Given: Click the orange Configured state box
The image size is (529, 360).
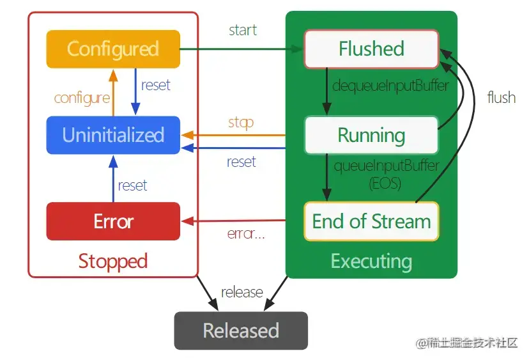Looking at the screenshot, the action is tap(113, 49).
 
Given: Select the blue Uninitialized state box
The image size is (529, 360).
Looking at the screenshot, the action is tap(113, 135).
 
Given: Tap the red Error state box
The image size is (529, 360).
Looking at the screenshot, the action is tap(113, 221).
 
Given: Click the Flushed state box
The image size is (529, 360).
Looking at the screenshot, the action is tap(371, 49).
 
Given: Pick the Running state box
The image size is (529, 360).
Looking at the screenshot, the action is tap(371, 135).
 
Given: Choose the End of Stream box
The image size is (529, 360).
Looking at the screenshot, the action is tap(371, 221).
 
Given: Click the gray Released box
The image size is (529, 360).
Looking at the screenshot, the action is tap(241, 331).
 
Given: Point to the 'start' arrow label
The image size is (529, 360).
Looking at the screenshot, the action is tap(243, 30).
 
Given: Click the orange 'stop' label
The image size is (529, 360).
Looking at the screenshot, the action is tap(241, 123).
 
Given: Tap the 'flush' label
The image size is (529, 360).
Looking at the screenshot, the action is tap(502, 98).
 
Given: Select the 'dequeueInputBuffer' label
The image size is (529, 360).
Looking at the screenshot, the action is tap(390, 86).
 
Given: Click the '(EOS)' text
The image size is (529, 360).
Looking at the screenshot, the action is tap(385, 184).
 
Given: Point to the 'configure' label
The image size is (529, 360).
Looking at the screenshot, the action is tap(82, 98).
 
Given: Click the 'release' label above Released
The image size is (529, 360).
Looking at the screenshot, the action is tap(242, 292).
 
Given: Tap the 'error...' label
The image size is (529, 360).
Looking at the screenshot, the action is tap(246, 233).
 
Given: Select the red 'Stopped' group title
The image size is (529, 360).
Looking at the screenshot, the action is tap(113, 262).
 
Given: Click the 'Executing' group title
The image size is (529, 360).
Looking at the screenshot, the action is tap(371, 262).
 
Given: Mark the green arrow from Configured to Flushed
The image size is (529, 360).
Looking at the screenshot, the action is tap(241, 49).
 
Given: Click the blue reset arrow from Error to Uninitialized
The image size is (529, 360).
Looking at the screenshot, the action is tap(113, 178).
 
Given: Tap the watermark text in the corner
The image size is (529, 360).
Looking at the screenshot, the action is tap(466, 343).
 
